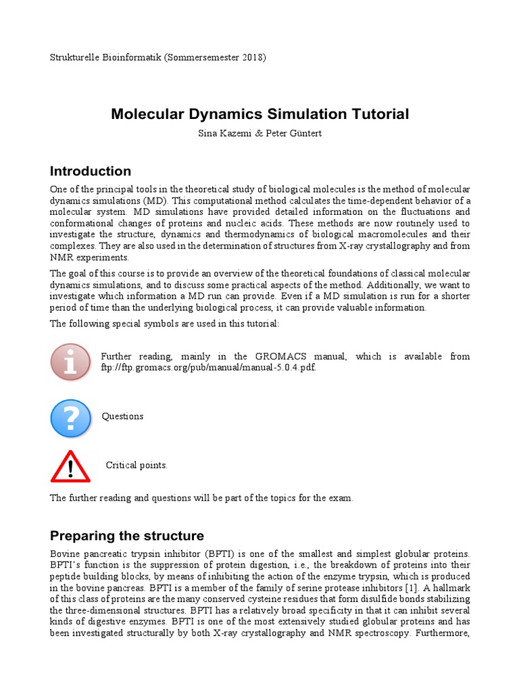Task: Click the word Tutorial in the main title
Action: click(376, 114)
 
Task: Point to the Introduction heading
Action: click(91, 171)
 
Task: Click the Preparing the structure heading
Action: click(127, 536)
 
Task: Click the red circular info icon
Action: click(70, 362)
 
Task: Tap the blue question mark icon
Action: click(70, 417)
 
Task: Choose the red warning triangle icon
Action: click(70, 466)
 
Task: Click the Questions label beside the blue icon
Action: click(122, 416)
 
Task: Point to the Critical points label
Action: click(137, 465)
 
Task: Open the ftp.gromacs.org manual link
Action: click(208, 367)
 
